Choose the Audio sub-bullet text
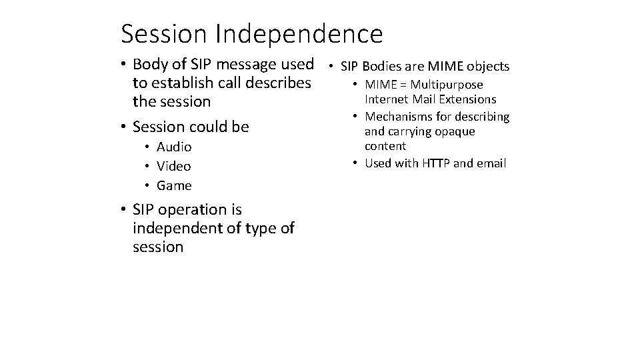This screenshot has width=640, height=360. [174, 147]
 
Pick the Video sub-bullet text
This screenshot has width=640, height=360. [173, 166]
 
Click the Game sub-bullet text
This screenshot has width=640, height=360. [174, 185]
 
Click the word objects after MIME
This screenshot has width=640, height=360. [488, 67]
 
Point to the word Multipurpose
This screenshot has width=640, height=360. [447, 85]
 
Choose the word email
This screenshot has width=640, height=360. [491, 163]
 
